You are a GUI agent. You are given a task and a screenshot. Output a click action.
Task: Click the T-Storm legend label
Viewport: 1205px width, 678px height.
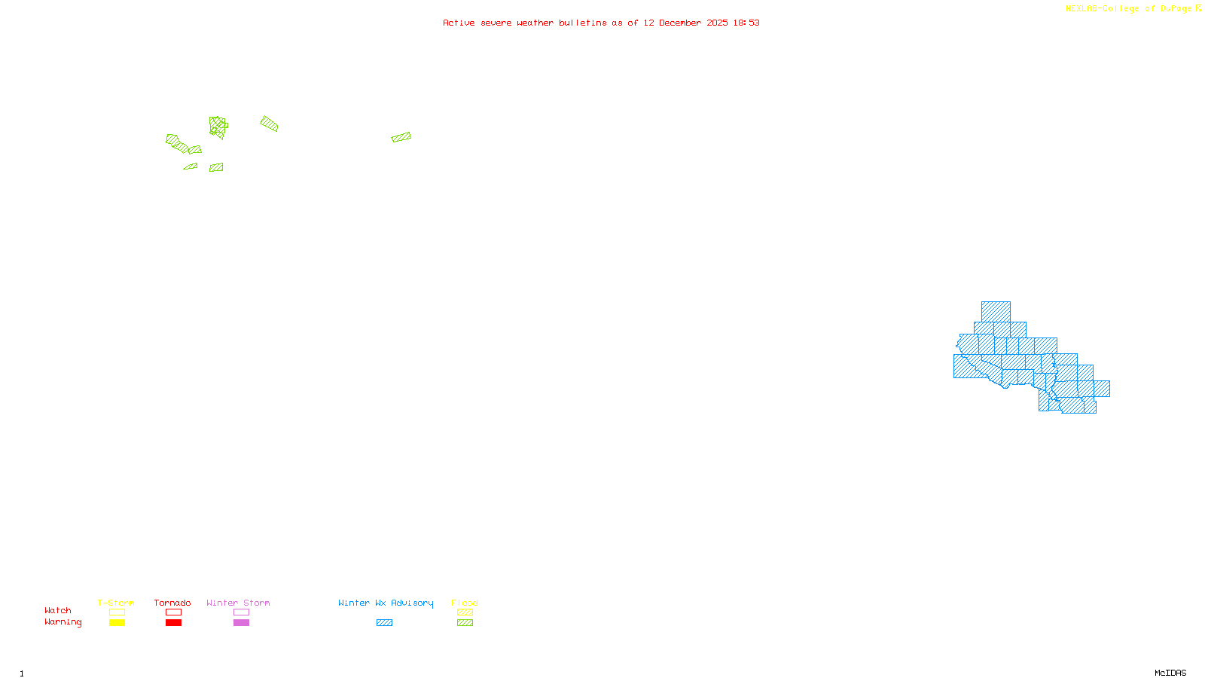(x=116, y=603)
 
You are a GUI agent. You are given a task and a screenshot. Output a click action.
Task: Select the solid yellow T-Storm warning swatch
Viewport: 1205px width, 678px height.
(x=117, y=623)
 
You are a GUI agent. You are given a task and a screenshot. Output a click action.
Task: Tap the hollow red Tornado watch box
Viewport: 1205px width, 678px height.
(x=173, y=612)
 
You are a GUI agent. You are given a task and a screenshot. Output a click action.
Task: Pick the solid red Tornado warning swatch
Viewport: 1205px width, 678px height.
(x=173, y=623)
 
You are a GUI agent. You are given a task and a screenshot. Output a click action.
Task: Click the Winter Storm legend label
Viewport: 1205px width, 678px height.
(x=238, y=603)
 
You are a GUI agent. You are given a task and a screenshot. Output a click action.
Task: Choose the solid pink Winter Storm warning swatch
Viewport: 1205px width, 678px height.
(x=241, y=623)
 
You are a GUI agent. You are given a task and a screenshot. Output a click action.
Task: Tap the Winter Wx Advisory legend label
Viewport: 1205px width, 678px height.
(x=386, y=603)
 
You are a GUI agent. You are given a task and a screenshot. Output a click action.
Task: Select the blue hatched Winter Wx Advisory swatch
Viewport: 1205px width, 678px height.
(x=384, y=623)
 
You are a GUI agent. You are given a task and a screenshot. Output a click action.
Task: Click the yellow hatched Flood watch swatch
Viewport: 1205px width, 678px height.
(x=465, y=612)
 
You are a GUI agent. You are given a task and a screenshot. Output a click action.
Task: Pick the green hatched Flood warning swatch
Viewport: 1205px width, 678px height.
(x=465, y=623)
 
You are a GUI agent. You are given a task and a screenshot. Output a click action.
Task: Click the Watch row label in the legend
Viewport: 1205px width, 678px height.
(x=58, y=611)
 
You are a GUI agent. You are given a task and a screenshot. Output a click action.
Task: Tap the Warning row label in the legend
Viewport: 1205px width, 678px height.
(x=63, y=622)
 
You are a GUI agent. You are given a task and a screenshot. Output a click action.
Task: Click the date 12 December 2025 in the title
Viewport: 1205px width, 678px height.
(x=685, y=23)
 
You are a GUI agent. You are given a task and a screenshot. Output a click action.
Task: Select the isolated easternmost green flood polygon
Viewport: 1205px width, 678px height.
(x=401, y=137)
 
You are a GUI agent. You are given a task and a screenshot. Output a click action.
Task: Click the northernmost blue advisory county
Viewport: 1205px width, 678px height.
(x=996, y=311)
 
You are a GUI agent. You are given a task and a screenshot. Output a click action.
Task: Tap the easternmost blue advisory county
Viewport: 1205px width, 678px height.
(x=1102, y=389)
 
